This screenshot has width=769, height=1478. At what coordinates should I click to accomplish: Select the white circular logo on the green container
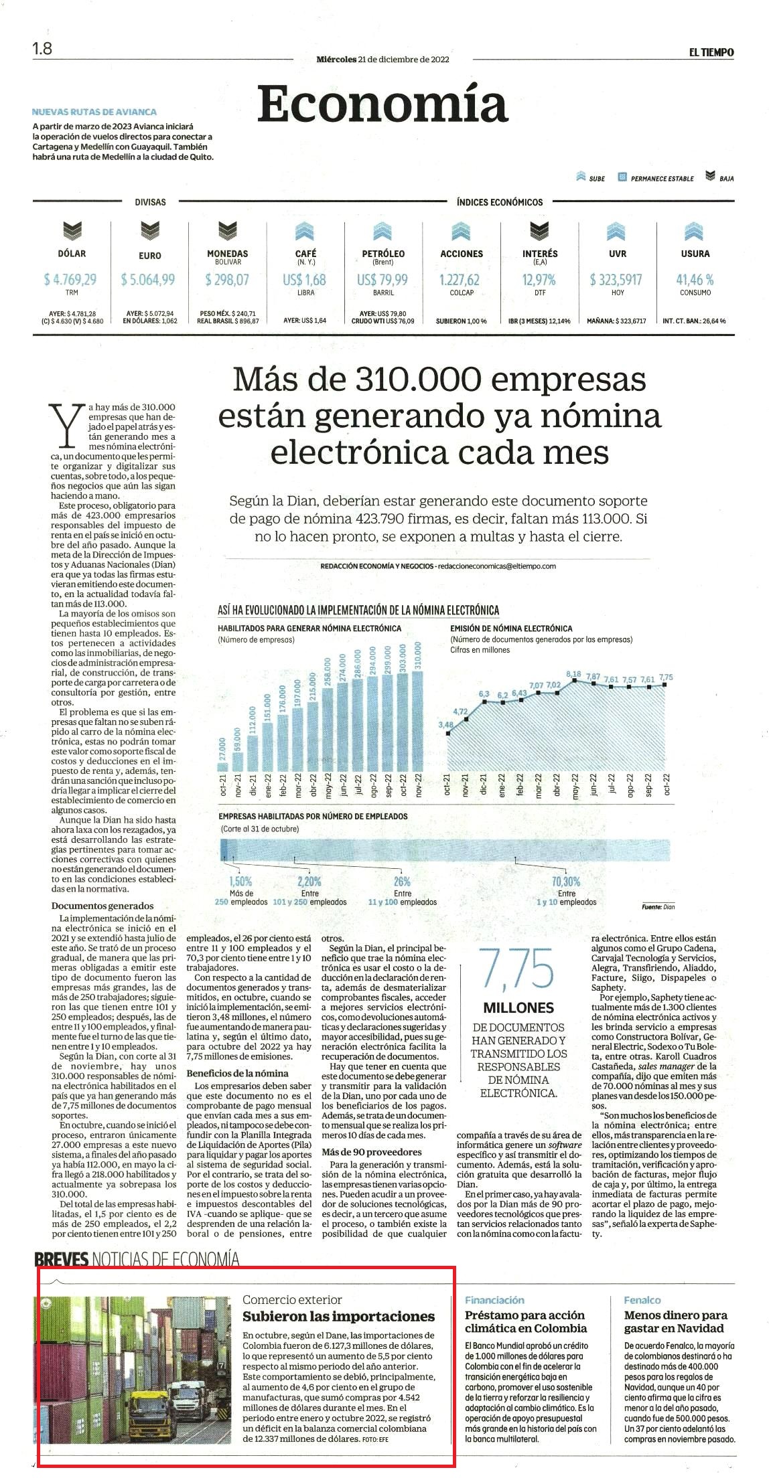[46, 1303]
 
